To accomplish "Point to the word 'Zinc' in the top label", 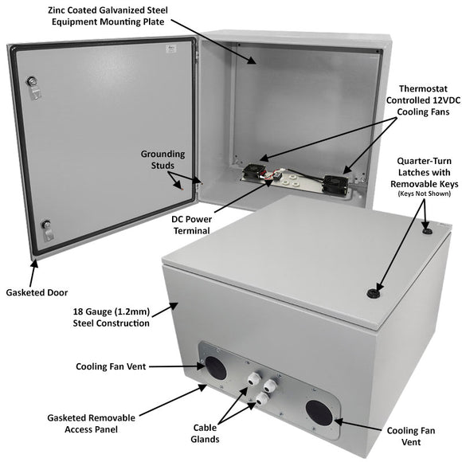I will pos(83,9).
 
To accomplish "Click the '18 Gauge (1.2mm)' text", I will pos(112,311).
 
